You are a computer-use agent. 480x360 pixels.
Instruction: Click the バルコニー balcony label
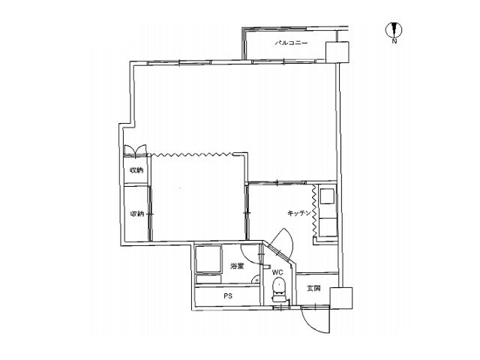tap(291, 43)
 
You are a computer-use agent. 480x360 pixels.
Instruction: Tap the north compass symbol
tap(394, 30)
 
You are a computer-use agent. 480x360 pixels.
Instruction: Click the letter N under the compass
tap(394, 40)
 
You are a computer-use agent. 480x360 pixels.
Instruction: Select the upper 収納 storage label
tap(136, 170)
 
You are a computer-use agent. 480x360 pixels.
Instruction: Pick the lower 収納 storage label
tap(137, 214)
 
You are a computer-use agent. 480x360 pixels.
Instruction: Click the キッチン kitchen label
tap(299, 213)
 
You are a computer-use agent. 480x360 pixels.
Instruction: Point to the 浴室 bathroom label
tap(237, 266)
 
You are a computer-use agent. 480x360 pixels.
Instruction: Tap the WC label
tap(277, 272)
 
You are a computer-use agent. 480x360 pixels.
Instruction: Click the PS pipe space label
tap(228, 296)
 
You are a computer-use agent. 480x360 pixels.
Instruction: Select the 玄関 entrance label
tap(313, 288)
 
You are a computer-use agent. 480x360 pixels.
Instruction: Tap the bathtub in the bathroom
tap(208, 259)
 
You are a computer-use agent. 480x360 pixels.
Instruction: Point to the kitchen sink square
tap(327, 196)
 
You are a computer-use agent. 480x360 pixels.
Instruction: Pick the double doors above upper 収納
tap(135, 150)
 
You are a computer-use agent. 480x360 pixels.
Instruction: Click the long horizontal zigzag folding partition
tap(192, 154)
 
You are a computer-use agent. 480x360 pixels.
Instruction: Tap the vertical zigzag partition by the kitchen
tap(314, 210)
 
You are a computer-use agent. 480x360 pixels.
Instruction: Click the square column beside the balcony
tap(337, 52)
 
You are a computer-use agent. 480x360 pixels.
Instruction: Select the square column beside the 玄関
tap(341, 298)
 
